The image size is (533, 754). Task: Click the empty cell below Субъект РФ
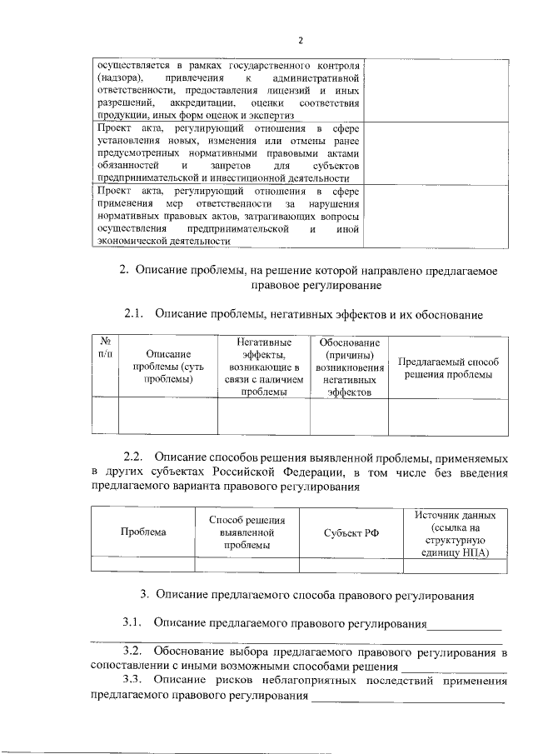(351, 564)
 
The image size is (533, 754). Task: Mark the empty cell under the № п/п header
(106, 417)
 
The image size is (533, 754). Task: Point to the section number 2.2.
(134, 457)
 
